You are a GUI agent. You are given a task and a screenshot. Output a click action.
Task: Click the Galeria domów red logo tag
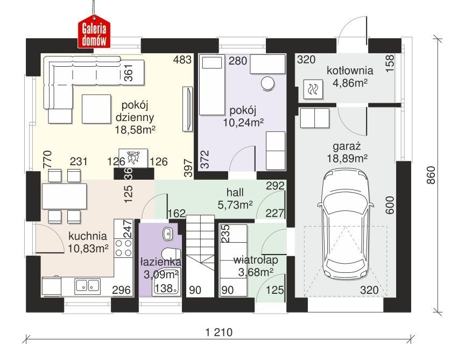[94, 33]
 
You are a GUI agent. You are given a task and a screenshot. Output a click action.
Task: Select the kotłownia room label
[350, 70]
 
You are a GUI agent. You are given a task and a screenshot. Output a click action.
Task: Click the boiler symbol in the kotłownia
[313, 89]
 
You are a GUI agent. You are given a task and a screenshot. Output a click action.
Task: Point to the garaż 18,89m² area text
[347, 153]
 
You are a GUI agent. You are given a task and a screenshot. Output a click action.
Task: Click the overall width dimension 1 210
[219, 333]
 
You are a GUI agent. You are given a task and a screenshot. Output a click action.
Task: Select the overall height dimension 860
[431, 175]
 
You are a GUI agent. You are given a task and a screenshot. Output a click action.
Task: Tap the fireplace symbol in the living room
[133, 158]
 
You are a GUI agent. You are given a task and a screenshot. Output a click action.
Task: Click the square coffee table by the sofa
[96, 109]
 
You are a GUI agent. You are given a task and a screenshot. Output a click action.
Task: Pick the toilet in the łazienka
[171, 253]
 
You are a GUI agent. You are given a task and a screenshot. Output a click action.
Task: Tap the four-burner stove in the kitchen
[123, 248]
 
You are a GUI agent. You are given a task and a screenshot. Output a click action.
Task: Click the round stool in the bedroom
[269, 83]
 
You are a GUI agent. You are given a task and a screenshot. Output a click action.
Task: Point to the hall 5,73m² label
[235, 199]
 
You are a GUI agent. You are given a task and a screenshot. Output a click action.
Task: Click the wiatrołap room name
[256, 260]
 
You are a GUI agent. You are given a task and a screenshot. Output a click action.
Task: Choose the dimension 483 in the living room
[182, 60]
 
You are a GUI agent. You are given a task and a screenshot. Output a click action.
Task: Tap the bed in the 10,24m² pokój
[212, 85]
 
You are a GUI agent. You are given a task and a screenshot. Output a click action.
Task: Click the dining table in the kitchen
[65, 196]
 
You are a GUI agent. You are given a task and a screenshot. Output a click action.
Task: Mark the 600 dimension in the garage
[390, 205]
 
